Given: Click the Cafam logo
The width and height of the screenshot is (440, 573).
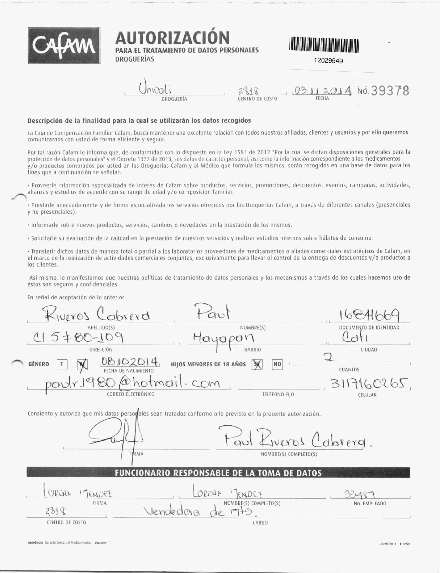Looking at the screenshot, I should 64,46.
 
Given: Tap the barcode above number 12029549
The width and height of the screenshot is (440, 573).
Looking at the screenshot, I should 324,44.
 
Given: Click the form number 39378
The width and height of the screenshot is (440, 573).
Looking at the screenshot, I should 390,91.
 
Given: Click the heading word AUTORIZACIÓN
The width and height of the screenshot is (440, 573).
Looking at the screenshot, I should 172,37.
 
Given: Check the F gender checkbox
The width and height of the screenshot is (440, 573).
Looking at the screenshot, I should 62,364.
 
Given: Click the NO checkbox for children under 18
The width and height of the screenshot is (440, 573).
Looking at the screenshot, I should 277,364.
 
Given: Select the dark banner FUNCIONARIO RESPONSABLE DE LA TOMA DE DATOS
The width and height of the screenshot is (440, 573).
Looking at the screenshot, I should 218,473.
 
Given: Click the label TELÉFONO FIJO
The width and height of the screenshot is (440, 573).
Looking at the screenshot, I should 278,394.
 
